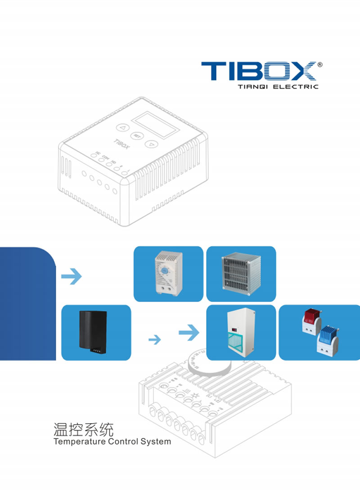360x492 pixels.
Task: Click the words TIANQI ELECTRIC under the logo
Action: tap(278, 86)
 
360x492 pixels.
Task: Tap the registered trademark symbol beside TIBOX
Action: tap(320, 65)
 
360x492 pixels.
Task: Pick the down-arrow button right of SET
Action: tap(152, 144)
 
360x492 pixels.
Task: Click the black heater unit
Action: tap(93, 330)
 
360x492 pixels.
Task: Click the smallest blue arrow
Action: tap(154, 339)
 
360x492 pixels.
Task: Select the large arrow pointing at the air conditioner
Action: tap(189, 333)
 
